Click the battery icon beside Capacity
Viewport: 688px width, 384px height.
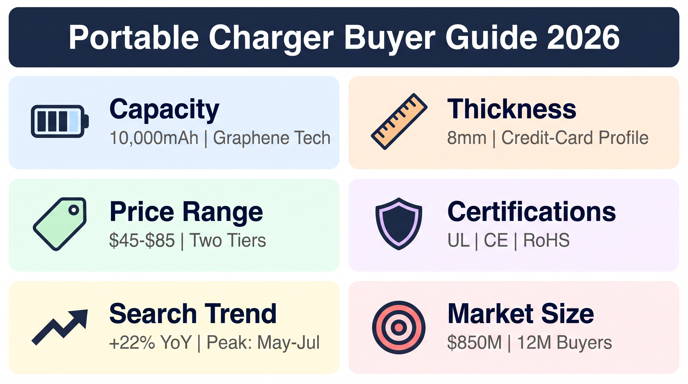(60, 121)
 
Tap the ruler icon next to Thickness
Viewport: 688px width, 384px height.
(399, 121)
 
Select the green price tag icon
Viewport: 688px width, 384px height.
(60, 224)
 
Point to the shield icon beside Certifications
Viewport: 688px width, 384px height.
(399, 224)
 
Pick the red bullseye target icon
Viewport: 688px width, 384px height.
(399, 327)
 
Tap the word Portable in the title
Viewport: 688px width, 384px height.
(134, 37)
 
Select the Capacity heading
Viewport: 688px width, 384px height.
(164, 109)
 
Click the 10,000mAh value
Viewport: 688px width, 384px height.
(154, 138)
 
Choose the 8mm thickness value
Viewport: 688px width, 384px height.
(466, 138)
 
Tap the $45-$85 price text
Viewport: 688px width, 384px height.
(142, 240)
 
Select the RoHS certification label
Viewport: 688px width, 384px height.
(546, 240)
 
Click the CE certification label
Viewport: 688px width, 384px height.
(496, 240)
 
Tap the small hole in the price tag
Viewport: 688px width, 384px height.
(74, 210)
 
